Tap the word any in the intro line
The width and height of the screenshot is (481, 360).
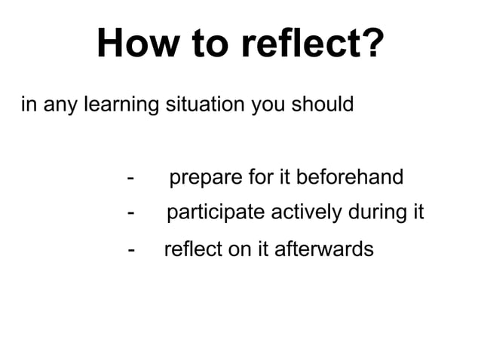pyautogui.click(x=56, y=104)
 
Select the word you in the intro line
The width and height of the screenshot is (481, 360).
pyautogui.click(x=268, y=104)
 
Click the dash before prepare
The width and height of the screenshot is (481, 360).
pyautogui.click(x=132, y=178)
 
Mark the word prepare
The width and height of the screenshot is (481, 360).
pyautogui.click(x=203, y=178)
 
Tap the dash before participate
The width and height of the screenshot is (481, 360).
pyautogui.click(x=132, y=214)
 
